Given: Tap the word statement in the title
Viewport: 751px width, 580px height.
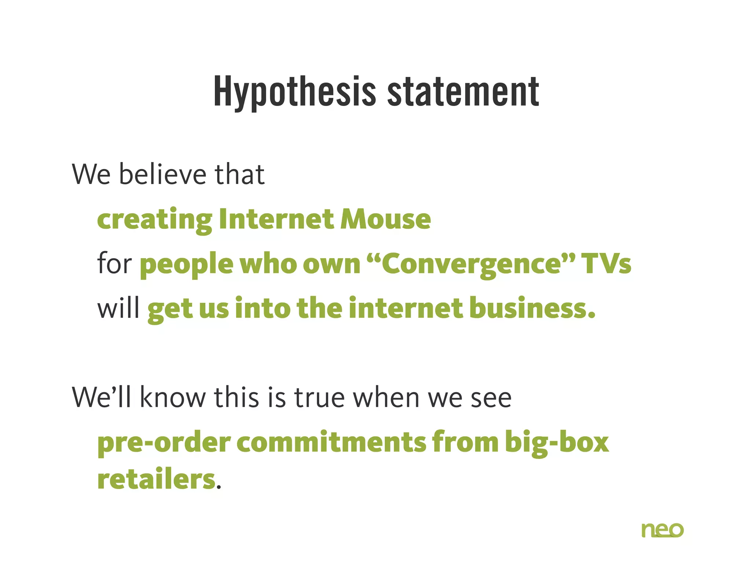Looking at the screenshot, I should point(463,92).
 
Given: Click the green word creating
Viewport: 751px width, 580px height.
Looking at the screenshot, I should point(154,220).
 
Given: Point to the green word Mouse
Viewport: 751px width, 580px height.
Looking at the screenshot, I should point(385,219).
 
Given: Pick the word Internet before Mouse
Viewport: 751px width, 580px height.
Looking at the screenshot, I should point(276,219).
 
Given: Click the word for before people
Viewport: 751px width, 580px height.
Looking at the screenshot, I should point(114,263).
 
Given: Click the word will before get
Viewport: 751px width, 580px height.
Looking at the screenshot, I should point(118,308).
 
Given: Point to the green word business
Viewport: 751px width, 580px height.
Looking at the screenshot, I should point(532,308).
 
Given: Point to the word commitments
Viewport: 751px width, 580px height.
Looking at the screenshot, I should point(331,442).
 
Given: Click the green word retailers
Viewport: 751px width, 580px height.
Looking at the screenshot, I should point(156,480).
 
